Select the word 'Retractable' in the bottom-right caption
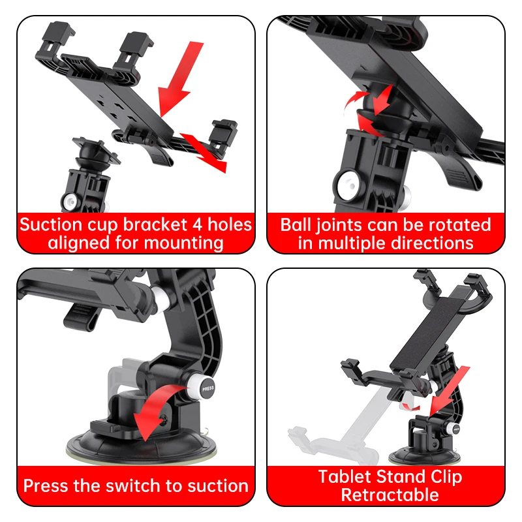(390, 495)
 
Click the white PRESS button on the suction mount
(208, 387)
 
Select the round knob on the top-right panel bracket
(345, 183)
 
